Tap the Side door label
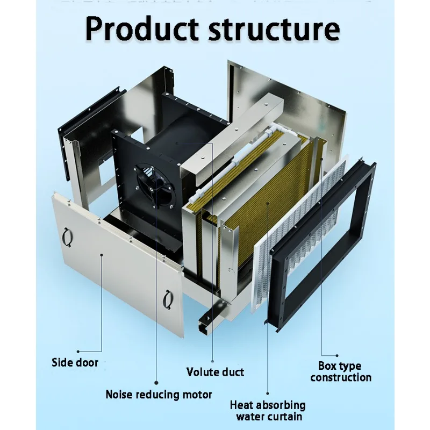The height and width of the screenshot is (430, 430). [x=75, y=362]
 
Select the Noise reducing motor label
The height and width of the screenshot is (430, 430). [x=159, y=395]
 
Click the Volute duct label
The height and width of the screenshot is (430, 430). [x=215, y=372]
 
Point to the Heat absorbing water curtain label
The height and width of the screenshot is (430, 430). [x=268, y=411]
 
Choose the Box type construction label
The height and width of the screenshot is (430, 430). [x=341, y=372]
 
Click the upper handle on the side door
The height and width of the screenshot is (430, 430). [x=67, y=235]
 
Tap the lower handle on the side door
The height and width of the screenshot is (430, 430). [x=168, y=297]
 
